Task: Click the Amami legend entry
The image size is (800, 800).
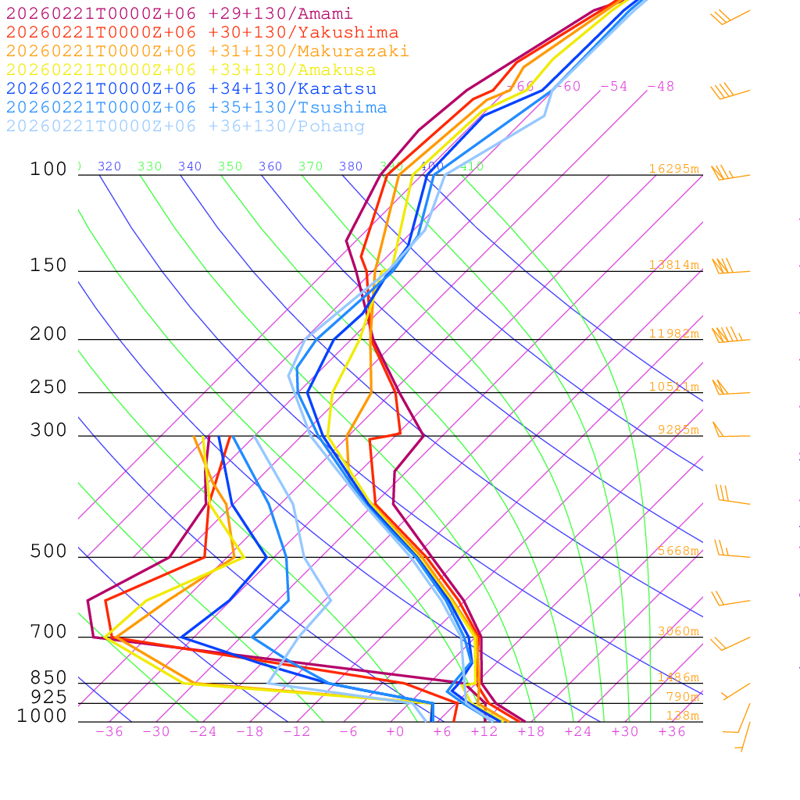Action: tap(179, 14)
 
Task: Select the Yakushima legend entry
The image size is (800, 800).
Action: tap(202, 33)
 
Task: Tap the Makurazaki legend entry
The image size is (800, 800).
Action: tap(207, 52)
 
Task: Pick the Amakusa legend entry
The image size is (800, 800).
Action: tap(191, 70)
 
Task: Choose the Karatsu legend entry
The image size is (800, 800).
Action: tap(191, 89)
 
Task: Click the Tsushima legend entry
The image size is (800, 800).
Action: tap(196, 108)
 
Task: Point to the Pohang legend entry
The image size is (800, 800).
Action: tap(185, 127)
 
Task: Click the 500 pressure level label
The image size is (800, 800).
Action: tap(48, 552)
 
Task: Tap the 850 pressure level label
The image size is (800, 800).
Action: tap(48, 678)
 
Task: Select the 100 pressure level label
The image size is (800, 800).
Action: tap(48, 170)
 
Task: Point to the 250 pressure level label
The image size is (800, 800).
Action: tap(48, 387)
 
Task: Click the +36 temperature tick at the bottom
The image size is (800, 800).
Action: tap(672, 732)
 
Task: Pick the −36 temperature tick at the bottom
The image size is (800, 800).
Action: tap(109, 732)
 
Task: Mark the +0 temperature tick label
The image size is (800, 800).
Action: tap(395, 732)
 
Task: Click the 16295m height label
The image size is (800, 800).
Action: tap(673, 169)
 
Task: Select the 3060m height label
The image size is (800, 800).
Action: tap(677, 631)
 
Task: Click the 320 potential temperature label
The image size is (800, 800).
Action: tap(109, 166)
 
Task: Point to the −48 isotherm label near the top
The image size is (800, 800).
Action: tap(660, 87)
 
